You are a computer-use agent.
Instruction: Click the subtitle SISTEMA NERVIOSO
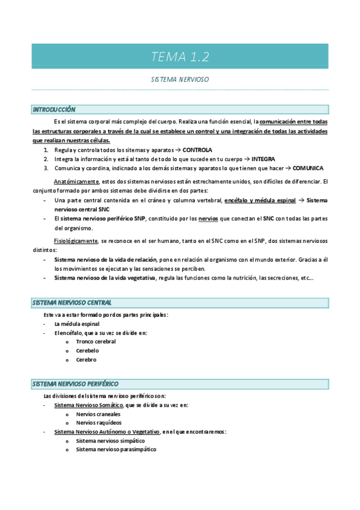[180, 79]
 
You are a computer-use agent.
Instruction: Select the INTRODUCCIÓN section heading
[54, 109]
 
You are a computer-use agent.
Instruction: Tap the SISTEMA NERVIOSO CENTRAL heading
[72, 303]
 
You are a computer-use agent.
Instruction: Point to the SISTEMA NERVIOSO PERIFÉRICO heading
[75, 384]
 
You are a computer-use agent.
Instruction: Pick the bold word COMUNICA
[308, 168]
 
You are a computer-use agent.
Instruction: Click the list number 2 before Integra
[46, 159]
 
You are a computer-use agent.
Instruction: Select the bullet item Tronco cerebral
[96, 342]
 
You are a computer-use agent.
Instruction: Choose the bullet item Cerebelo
[88, 351]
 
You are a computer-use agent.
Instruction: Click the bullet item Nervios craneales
[98, 414]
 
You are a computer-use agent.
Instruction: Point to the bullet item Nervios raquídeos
[98, 423]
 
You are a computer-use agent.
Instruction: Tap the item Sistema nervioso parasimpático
[116, 449]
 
